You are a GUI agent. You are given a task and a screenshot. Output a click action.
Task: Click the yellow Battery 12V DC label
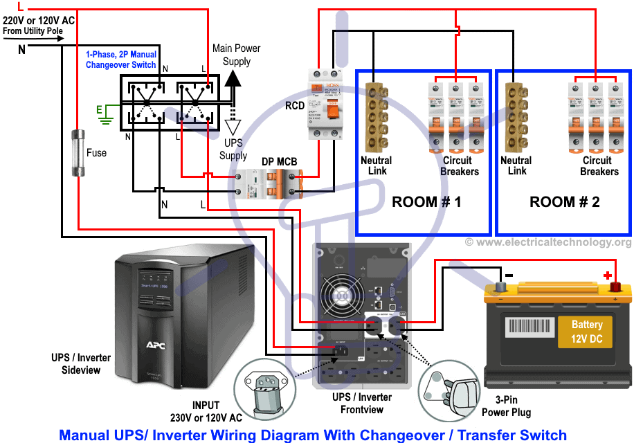click(587, 331)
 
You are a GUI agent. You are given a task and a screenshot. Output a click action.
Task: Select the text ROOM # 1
click(426, 202)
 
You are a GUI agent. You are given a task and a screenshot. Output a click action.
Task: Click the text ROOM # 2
click(565, 202)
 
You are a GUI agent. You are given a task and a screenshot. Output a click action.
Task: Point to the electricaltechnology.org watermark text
click(547, 242)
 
